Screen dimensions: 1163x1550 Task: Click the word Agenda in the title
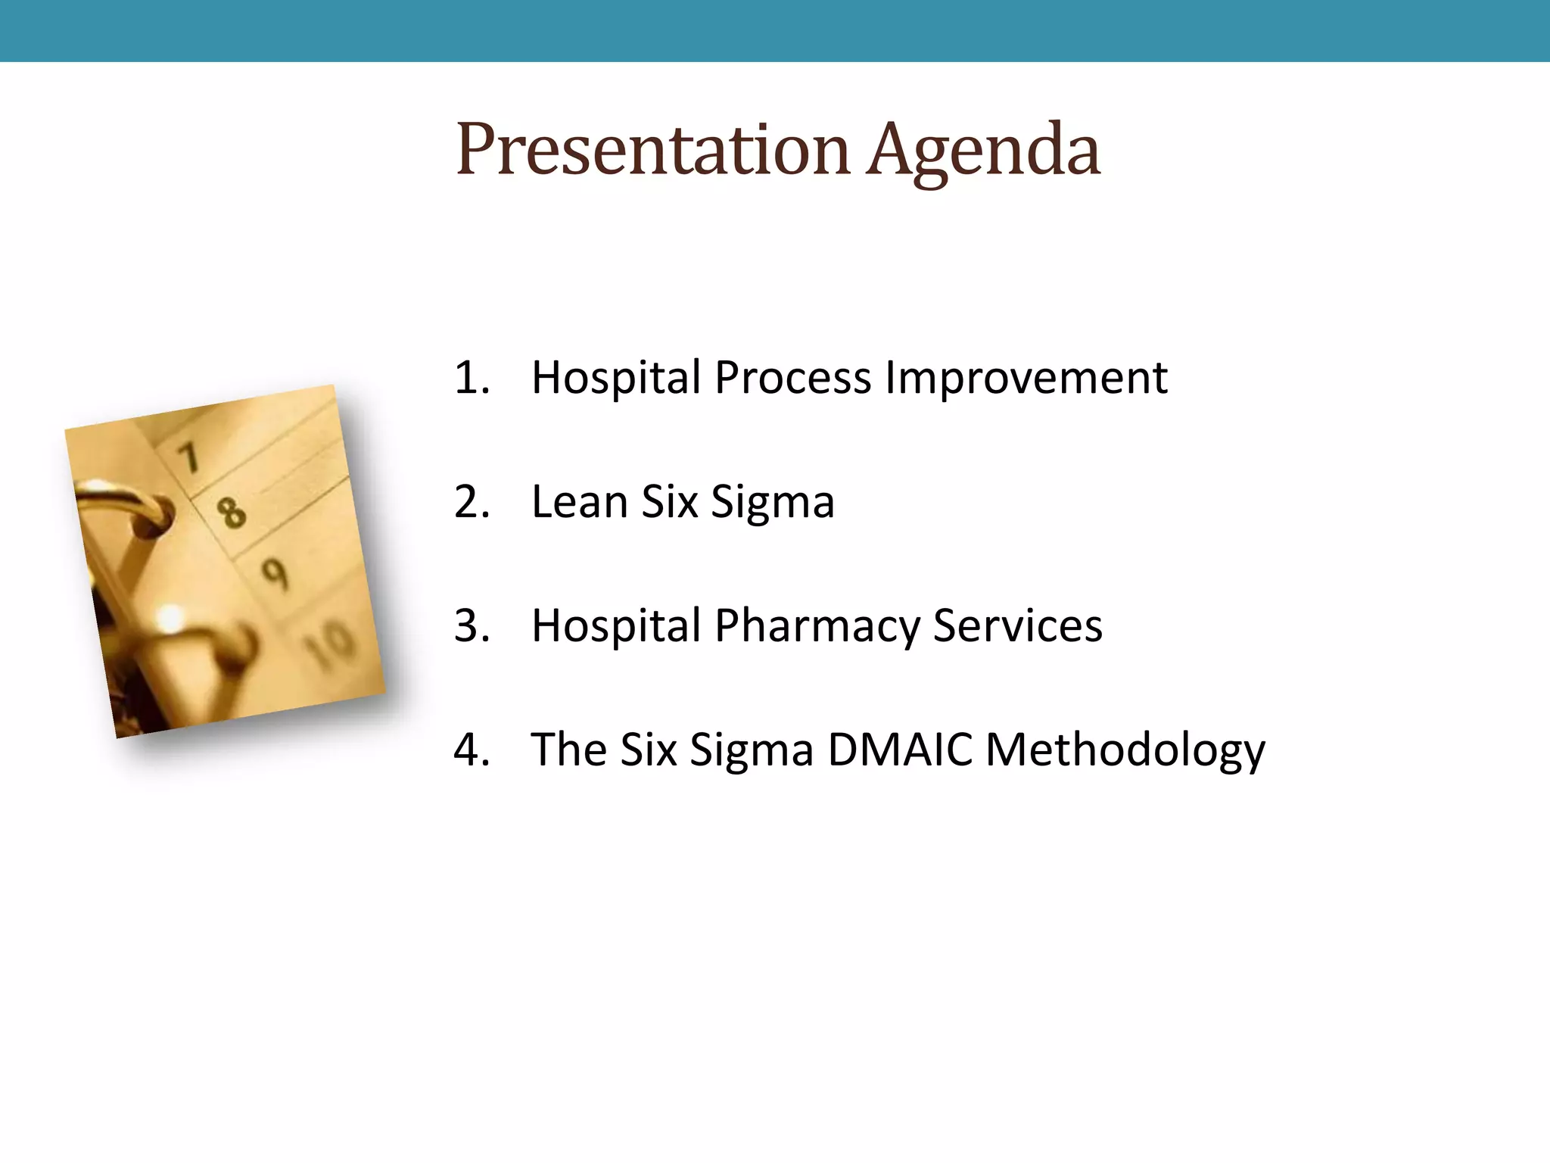[x=983, y=151]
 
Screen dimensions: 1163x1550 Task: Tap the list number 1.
[x=472, y=377]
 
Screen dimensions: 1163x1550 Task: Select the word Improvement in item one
[x=1026, y=379]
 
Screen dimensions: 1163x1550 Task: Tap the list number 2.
[x=472, y=501]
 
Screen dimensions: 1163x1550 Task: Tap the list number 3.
[x=472, y=625]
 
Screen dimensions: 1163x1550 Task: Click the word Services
[x=1017, y=625]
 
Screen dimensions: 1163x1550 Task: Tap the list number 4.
[x=472, y=750]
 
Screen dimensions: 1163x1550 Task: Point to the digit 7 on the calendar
[x=189, y=457]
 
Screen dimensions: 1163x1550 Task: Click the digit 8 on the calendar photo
[x=232, y=513]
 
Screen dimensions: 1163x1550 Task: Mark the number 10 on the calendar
[x=330, y=644]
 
